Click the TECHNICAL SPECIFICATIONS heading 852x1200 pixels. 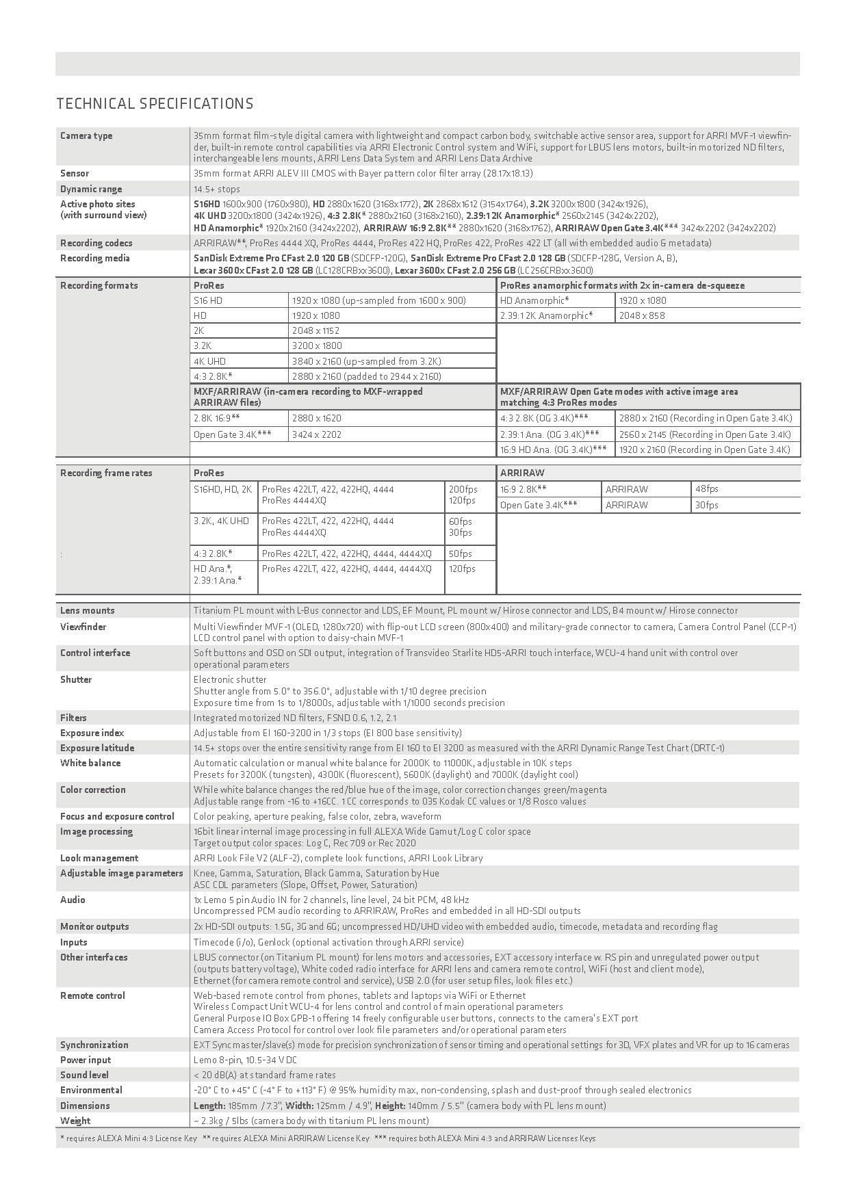[x=155, y=104]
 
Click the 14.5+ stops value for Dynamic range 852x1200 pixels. [x=217, y=189]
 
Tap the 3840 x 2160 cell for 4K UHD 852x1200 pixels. [x=366, y=361]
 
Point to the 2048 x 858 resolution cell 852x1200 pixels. [x=642, y=315]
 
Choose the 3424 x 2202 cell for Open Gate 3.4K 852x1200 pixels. [x=317, y=434]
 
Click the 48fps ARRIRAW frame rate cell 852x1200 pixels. [x=707, y=489]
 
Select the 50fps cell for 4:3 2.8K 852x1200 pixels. [x=461, y=553]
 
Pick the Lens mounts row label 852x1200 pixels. [x=88, y=610]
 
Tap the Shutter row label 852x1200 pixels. [x=76, y=679]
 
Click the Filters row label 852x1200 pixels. [x=73, y=718]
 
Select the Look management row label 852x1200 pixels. [x=99, y=858]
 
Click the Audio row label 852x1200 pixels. [x=73, y=900]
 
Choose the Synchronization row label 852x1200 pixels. [x=94, y=1045]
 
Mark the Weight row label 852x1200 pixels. [x=75, y=1121]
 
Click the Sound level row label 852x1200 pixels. [x=84, y=1075]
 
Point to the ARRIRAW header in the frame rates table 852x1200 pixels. [x=522, y=473]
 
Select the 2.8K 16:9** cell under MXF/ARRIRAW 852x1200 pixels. [x=217, y=418]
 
